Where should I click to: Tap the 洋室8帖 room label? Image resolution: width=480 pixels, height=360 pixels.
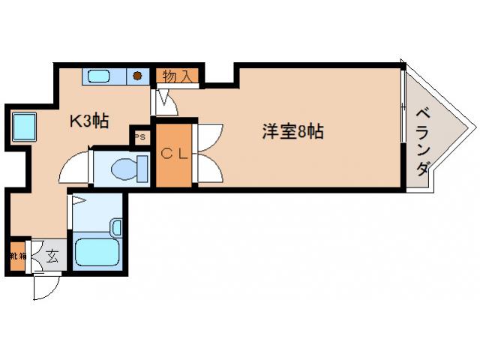click(x=292, y=131)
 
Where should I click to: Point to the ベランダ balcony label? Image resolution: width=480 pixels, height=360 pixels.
click(x=423, y=142)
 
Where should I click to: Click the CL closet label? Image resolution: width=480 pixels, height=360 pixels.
click(x=175, y=154)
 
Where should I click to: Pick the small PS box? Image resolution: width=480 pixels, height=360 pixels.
click(x=141, y=136)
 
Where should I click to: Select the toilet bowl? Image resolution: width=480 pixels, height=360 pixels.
click(x=124, y=169)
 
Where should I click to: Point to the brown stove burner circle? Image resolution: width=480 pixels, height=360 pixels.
click(x=138, y=75)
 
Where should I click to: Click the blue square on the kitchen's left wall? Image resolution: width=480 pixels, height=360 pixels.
click(x=23, y=125)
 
